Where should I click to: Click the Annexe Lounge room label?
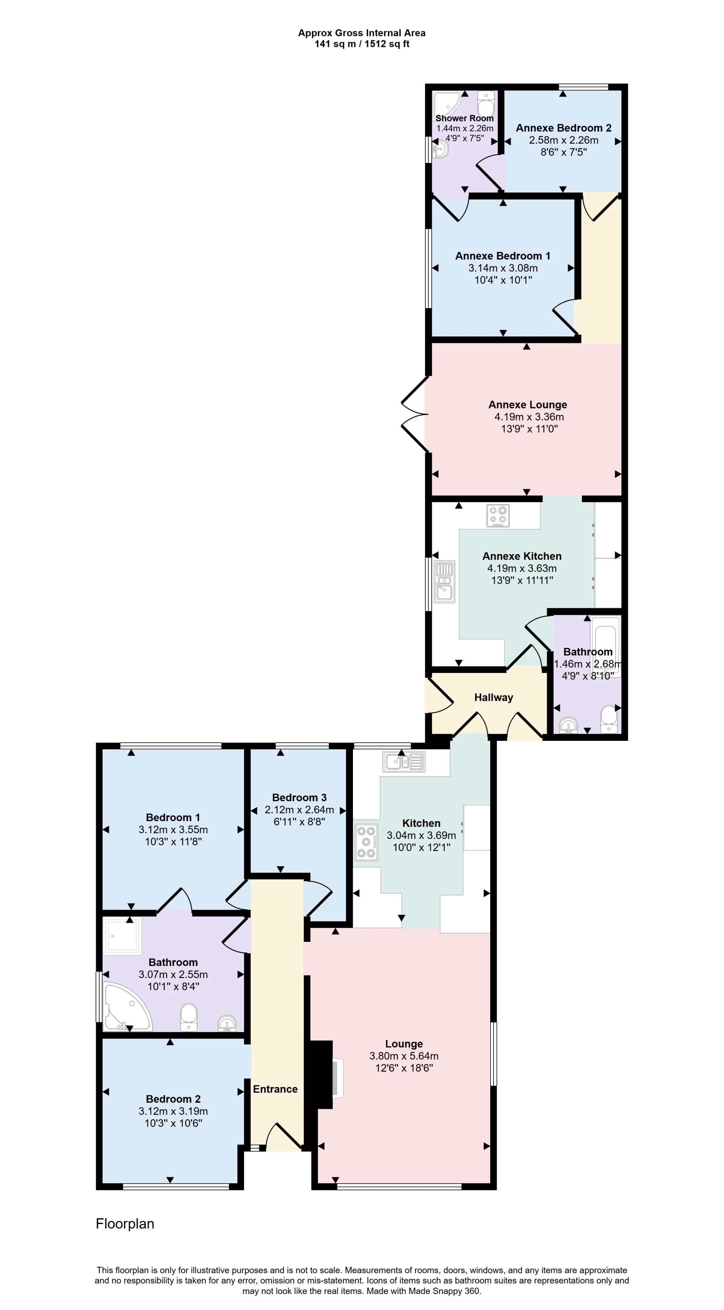pyautogui.click(x=528, y=405)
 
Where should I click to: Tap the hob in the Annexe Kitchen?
pyautogui.click(x=498, y=515)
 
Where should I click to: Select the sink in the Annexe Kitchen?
pyautogui.click(x=444, y=581)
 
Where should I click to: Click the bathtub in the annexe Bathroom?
pyautogui.click(x=605, y=646)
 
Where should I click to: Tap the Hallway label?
pyautogui.click(x=493, y=697)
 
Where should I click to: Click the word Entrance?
pyautogui.click(x=275, y=1089)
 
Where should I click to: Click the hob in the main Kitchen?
pyautogui.click(x=366, y=842)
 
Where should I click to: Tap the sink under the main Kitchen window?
pyautogui.click(x=405, y=761)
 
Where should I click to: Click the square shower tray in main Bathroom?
pyautogui.click(x=122, y=936)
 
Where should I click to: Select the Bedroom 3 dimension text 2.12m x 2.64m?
pyautogui.click(x=299, y=809)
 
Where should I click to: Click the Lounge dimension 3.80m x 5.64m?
pyautogui.click(x=404, y=1056)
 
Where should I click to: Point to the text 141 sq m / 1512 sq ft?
pyautogui.click(x=362, y=44)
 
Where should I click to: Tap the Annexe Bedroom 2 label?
pyautogui.click(x=563, y=127)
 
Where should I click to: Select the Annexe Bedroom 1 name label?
pyautogui.click(x=502, y=256)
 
